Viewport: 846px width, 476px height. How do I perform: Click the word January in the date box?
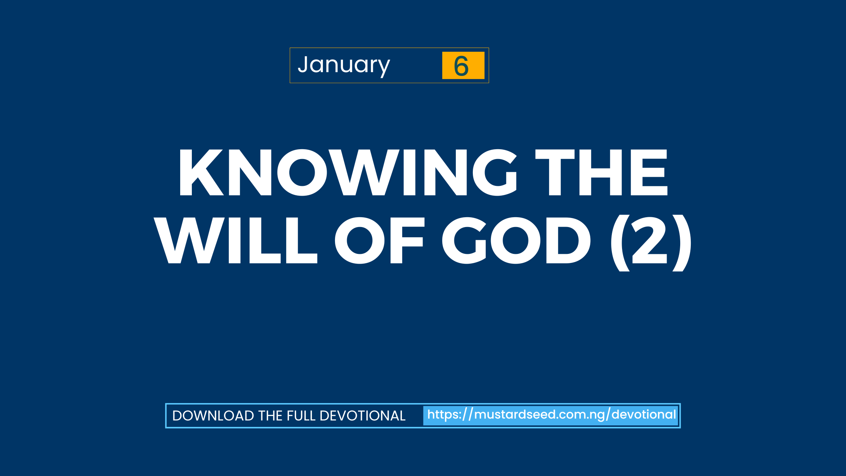[344, 65]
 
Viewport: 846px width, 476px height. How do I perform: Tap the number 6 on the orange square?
[462, 66]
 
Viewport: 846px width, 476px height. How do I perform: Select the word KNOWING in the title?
[347, 173]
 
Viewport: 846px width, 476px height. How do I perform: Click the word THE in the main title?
[602, 173]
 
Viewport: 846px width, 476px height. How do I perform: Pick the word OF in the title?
[379, 241]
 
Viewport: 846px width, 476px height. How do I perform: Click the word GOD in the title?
[516, 241]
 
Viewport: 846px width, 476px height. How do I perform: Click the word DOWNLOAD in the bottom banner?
[213, 416]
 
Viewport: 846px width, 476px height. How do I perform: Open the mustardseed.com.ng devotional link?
[551, 415]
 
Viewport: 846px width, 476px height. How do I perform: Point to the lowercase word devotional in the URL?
[644, 415]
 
